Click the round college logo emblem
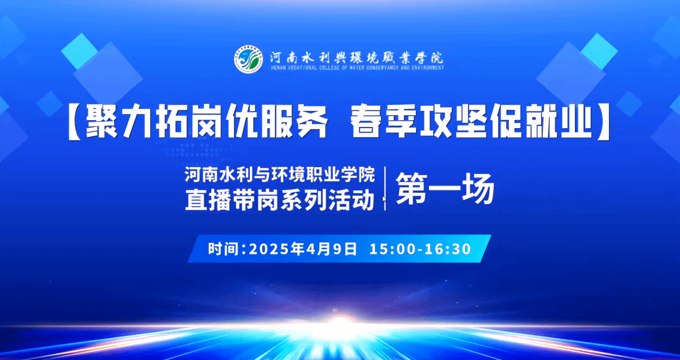249,60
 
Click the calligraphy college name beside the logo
356,57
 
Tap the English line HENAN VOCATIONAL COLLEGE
356,68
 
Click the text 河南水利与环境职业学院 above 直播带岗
280,175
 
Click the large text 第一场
446,189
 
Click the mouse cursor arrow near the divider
384,199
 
